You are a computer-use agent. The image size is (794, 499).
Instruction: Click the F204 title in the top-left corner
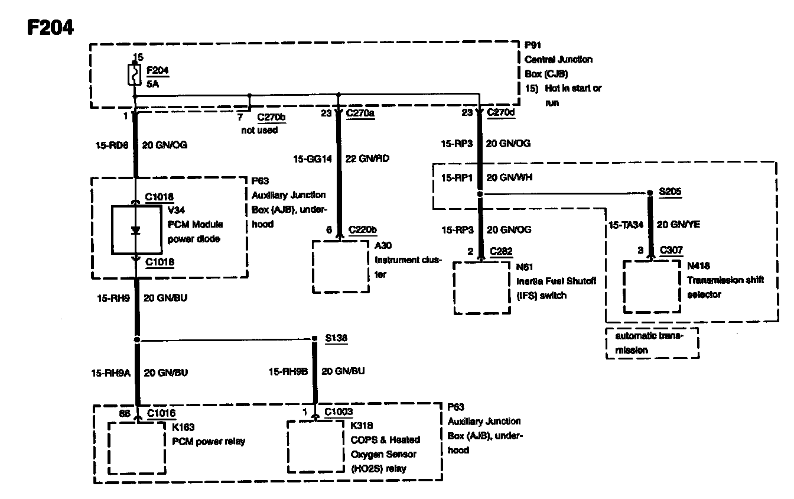point(50,27)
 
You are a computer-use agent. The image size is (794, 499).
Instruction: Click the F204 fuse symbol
point(135,75)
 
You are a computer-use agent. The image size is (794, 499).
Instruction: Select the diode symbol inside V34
point(135,231)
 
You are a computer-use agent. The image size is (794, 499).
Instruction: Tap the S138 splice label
point(336,338)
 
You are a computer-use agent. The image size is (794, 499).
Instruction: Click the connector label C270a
point(360,112)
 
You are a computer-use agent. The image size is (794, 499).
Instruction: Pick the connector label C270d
point(501,112)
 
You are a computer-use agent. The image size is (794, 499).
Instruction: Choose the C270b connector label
point(272,117)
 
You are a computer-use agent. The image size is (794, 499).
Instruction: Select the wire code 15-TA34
point(626,225)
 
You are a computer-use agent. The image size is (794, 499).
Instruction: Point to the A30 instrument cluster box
point(340,266)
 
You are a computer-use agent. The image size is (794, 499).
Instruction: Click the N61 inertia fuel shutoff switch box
point(481,288)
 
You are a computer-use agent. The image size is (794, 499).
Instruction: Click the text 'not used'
point(259,130)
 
